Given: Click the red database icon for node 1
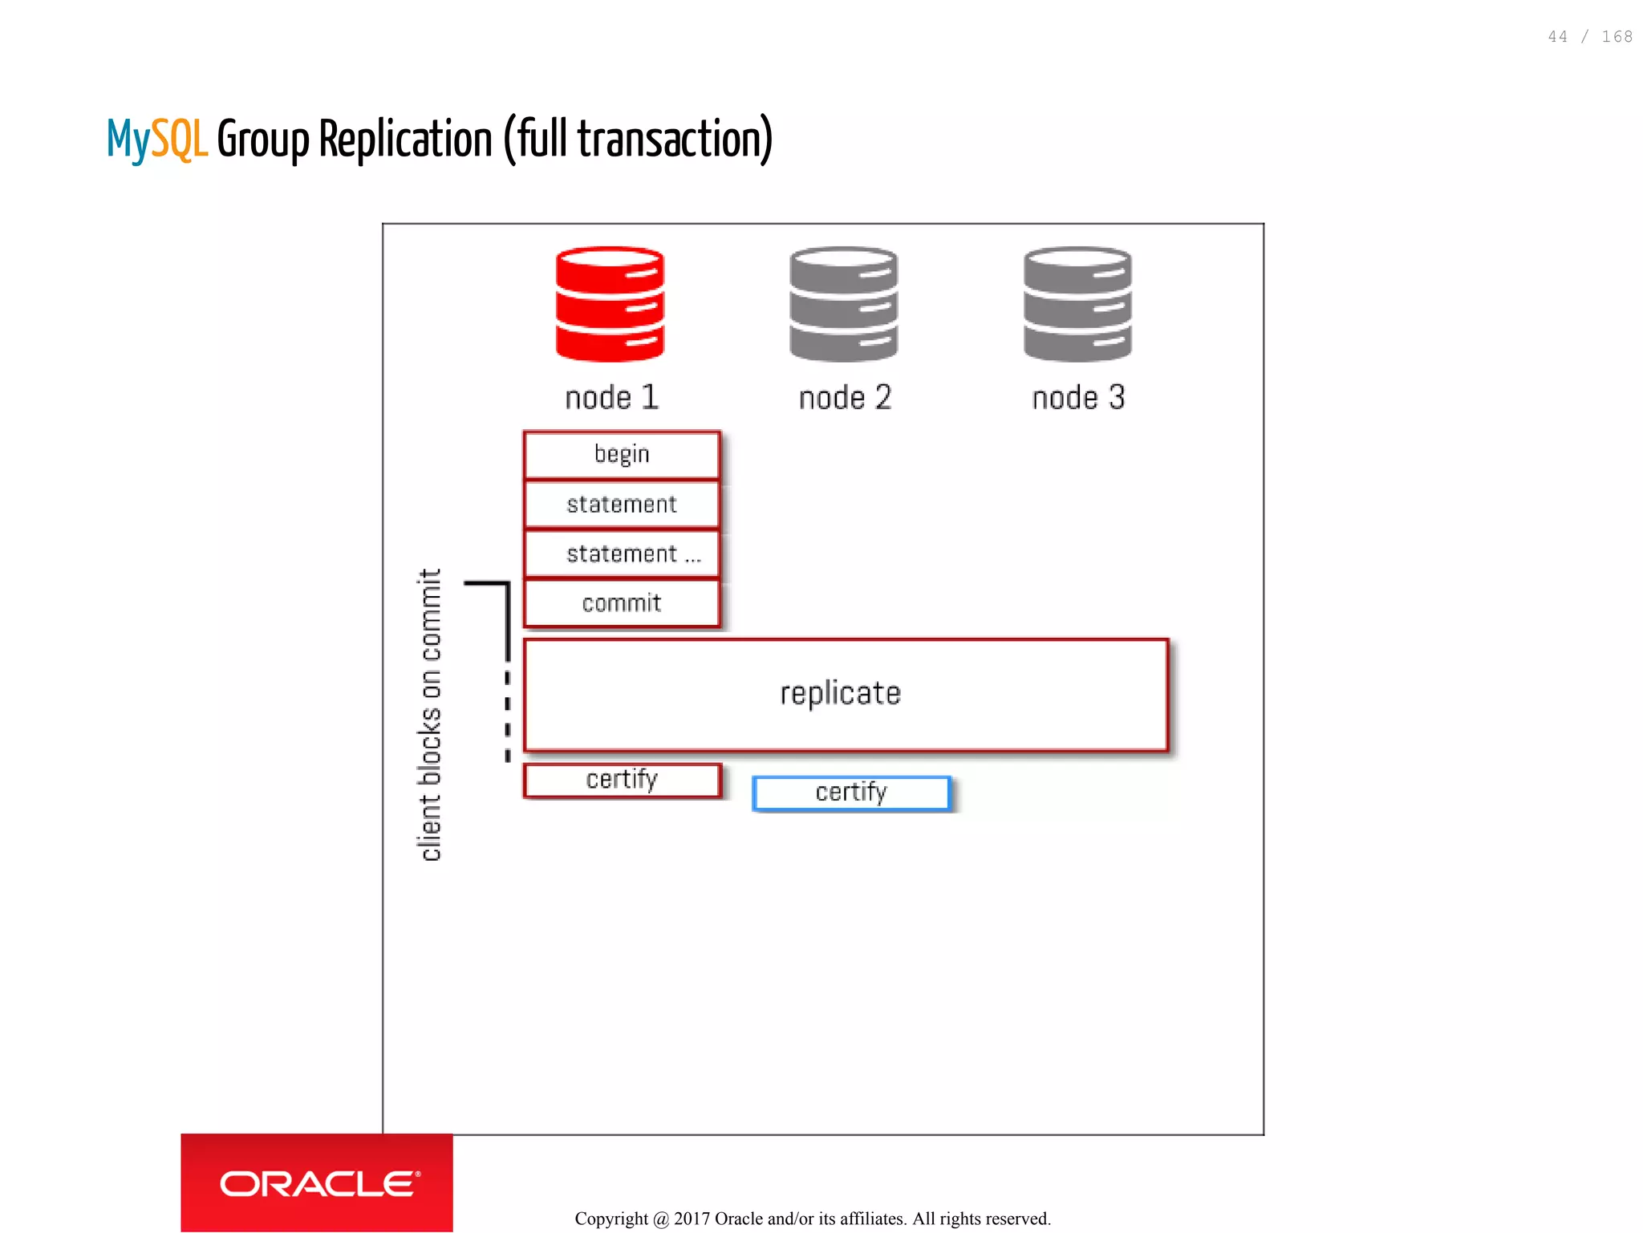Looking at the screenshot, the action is pyautogui.click(x=610, y=304).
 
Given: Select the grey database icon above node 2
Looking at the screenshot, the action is pyautogui.click(x=843, y=304).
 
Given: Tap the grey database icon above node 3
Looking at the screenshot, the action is pyautogui.click(x=1077, y=304).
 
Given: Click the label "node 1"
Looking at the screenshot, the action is pyautogui.click(x=611, y=398).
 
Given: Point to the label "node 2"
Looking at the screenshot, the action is pyautogui.click(x=845, y=398).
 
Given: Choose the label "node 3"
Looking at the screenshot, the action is pyautogui.click(x=1078, y=398).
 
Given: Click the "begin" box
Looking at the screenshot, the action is pyautogui.click(x=622, y=455).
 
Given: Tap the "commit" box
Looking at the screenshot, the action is pyautogui.click(x=622, y=603).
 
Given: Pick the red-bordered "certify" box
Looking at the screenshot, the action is pyautogui.click(x=622, y=780).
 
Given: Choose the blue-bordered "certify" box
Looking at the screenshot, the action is pyautogui.click(x=851, y=793).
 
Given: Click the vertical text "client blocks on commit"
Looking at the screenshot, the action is pyautogui.click(x=431, y=714).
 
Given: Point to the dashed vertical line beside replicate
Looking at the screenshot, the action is pyautogui.click(x=507, y=714).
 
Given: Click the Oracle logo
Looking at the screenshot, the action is pyautogui.click(x=317, y=1183).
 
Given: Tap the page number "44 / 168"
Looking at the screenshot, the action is pyautogui.click(x=1589, y=37).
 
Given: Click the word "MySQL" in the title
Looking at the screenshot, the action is pyautogui.click(x=157, y=140).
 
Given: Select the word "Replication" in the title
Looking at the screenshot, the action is pyautogui.click(x=405, y=140).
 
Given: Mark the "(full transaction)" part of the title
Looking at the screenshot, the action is pyautogui.click(x=638, y=140).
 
